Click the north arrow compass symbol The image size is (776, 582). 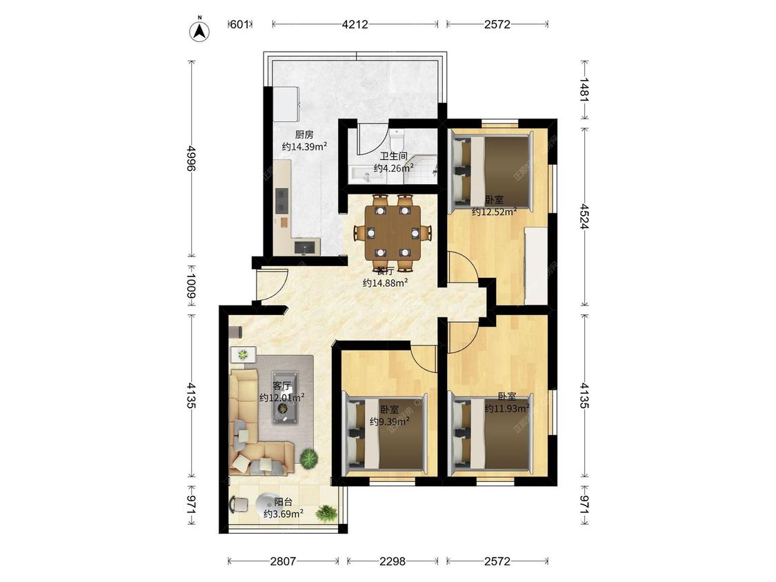pos(199,30)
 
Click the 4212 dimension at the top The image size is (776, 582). pos(355,24)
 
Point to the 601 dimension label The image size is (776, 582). pos(239,24)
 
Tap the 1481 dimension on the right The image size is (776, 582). pos(584,90)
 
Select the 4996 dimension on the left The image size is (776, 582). pos(191,158)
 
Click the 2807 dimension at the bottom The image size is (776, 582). pos(283,561)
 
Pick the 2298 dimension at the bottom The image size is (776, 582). pos(392,561)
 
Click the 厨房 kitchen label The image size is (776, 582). pos(304,134)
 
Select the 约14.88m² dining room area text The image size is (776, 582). pos(385,283)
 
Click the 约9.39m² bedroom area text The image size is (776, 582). pos(390,421)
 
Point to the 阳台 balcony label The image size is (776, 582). pos(283,502)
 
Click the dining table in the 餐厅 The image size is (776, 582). pos(392,232)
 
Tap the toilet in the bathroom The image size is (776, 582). pos(397,139)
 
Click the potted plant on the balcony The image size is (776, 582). pos(326,512)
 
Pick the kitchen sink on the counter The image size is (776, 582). pos(305,246)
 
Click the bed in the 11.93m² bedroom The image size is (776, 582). pos(490,430)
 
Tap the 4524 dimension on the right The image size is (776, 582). pos(584,217)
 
